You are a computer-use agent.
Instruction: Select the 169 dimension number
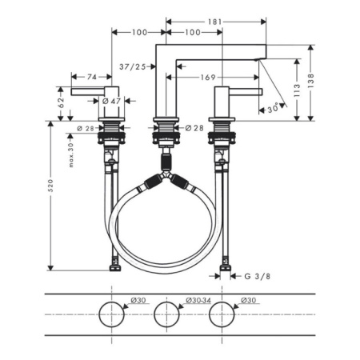(x=206, y=77)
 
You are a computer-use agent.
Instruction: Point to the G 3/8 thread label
(x=256, y=277)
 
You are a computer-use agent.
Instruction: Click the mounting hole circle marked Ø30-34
(x=166, y=314)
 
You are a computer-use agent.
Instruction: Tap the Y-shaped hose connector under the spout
(x=166, y=173)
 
